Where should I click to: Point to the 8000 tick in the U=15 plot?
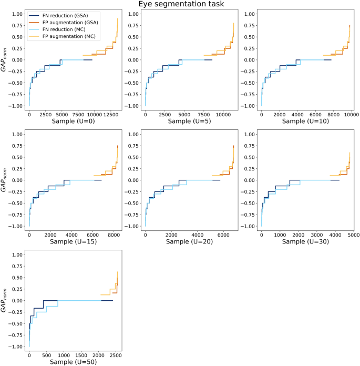coord(114,235)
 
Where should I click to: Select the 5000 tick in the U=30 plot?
coord(353,235)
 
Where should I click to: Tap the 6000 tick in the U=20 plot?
coord(223,235)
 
